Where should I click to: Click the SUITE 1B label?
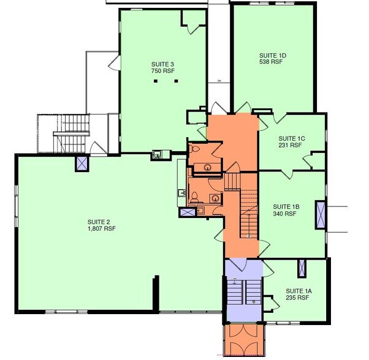(x=285, y=206)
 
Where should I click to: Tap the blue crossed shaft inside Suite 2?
(x=82, y=163)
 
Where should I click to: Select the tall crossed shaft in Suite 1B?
(x=320, y=214)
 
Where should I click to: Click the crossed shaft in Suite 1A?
(x=302, y=268)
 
